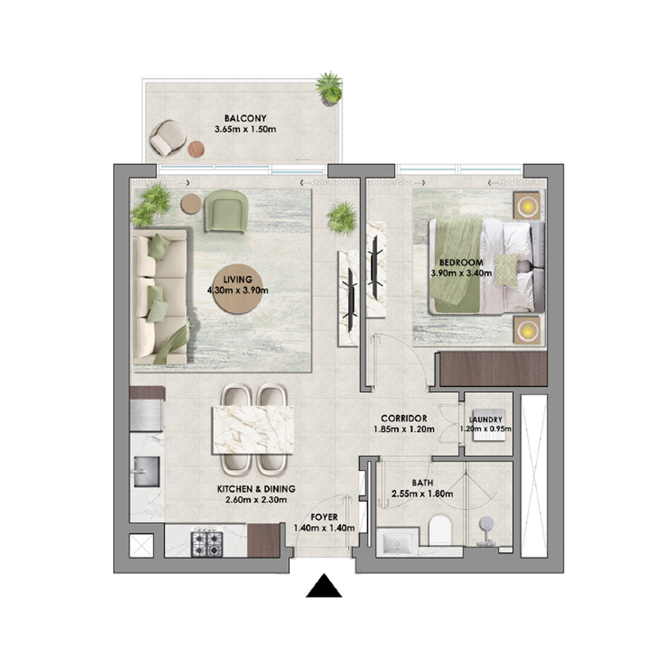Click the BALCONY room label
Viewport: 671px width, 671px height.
pyautogui.click(x=245, y=118)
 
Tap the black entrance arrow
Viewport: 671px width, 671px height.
pyautogui.click(x=324, y=587)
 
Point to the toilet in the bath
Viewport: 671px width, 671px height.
pyautogui.click(x=439, y=530)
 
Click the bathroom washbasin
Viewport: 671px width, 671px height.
pyautogui.click(x=397, y=544)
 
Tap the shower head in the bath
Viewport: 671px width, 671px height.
pyautogui.click(x=486, y=524)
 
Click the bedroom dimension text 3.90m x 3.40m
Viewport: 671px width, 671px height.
pyautogui.click(x=461, y=273)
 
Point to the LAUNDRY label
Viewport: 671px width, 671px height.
pyautogui.click(x=485, y=419)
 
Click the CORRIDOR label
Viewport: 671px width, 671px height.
pyautogui.click(x=404, y=418)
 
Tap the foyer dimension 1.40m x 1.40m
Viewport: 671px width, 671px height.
pyautogui.click(x=324, y=528)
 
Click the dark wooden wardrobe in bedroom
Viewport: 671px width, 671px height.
pyautogui.click(x=493, y=369)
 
